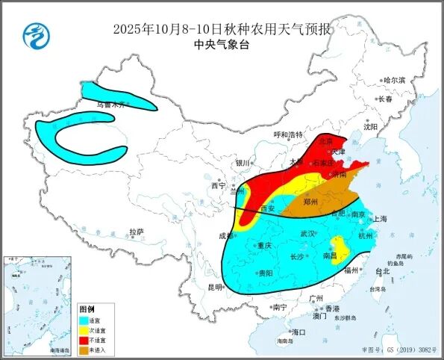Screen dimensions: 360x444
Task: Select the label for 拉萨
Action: click(135, 232)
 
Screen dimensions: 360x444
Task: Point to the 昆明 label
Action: click(215, 288)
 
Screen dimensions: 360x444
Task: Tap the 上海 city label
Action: click(379, 219)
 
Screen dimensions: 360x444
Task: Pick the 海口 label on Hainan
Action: click(298, 332)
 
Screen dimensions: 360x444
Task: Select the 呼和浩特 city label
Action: click(288, 134)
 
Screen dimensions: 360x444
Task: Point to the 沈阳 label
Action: click(371, 127)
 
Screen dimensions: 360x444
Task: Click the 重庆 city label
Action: click(263, 245)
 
